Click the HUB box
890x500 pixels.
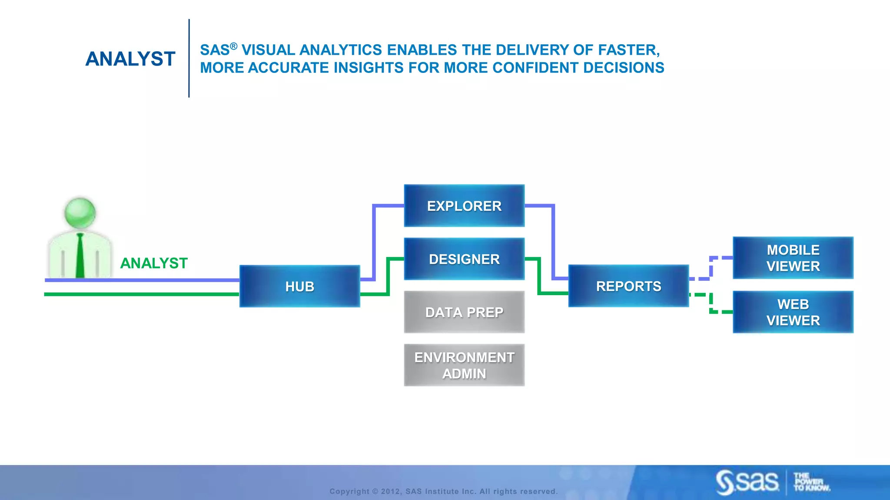[299, 286]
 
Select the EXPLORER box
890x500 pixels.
[464, 206]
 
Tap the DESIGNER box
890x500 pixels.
[464, 259]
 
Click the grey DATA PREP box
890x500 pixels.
[464, 312]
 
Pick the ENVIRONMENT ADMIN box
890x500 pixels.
[464, 365]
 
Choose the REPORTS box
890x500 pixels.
[628, 286]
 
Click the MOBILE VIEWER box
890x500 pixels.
[793, 258]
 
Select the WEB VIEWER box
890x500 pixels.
[793, 312]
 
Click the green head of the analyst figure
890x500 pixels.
[80, 213]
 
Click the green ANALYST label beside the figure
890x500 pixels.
[154, 263]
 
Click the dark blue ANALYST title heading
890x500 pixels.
[130, 59]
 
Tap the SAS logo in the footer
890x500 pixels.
[747, 482]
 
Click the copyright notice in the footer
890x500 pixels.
[443, 491]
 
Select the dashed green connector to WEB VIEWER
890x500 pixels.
[711, 304]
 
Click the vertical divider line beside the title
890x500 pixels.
[189, 58]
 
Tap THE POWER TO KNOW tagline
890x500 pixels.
[811, 482]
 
